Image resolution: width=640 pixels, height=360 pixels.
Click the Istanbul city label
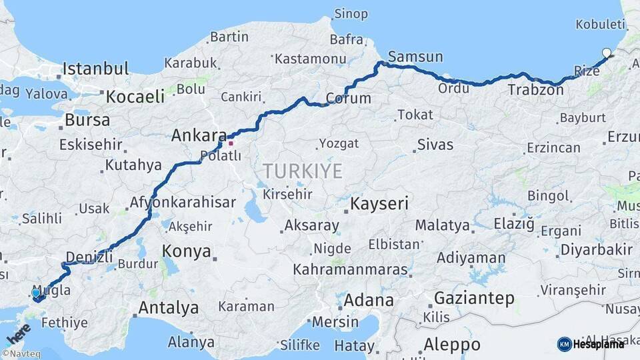96,68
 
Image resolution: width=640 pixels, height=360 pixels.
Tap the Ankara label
199,135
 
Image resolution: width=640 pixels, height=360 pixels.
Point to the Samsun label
415,57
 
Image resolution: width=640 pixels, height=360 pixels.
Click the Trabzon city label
535,89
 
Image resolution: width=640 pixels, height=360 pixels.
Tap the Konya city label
187,252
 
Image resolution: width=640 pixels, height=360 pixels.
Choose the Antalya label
168,308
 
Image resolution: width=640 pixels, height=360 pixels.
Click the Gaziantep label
474,297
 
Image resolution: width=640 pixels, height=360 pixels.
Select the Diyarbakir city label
596,249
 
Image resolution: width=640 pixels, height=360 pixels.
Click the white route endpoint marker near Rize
606,53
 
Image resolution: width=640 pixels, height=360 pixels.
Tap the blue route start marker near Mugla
36,293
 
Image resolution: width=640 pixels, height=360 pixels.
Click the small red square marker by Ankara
231,142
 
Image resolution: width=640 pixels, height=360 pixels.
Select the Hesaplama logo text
599,344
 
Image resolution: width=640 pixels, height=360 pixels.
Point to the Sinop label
351,14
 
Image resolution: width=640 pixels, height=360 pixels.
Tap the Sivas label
435,145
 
